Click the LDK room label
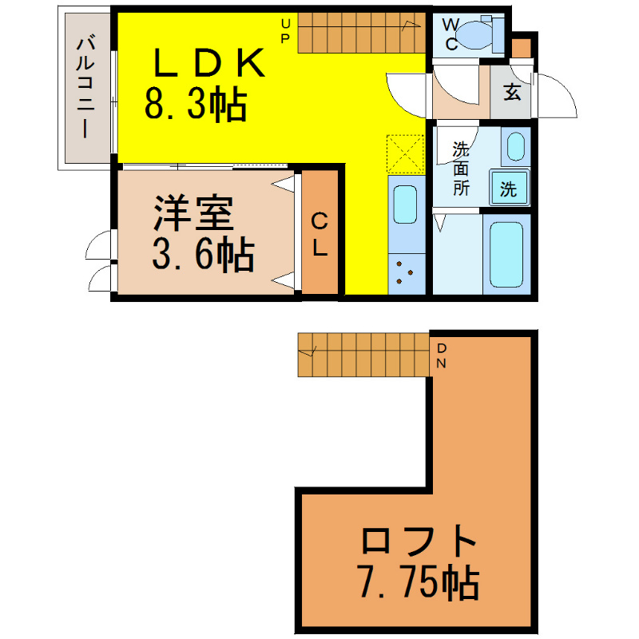click(209, 62)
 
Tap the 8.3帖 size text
click(196, 105)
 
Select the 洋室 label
click(193, 213)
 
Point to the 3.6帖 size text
click(203, 255)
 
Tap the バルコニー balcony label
click(85, 87)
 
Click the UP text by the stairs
click(285, 31)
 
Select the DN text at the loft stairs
click(442, 355)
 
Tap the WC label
click(450, 34)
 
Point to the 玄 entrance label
click(512, 92)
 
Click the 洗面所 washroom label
click(461, 169)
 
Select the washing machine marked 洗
click(509, 187)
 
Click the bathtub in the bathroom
click(506, 254)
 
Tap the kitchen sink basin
click(406, 204)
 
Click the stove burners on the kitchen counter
click(405, 272)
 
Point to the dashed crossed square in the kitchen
click(406, 153)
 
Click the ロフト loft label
click(419, 541)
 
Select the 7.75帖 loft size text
click(419, 581)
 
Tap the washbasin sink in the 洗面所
click(516, 146)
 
